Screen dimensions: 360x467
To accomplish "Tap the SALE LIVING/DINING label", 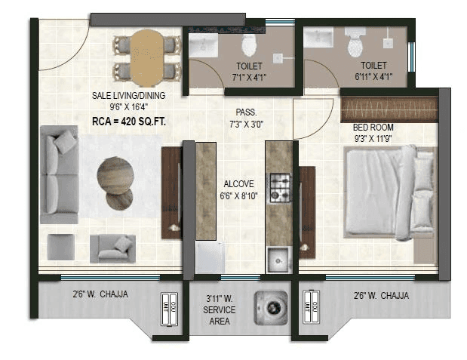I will (x=128, y=96).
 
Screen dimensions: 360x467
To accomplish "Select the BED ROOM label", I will (x=373, y=128).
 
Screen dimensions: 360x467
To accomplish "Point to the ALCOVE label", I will (x=238, y=183).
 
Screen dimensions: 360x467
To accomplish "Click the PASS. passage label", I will (x=246, y=111).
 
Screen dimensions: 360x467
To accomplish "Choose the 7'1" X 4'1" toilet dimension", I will (x=250, y=76).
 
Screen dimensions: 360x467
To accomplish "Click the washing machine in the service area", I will (x=269, y=308).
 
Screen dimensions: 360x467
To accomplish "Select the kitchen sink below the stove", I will (x=278, y=258).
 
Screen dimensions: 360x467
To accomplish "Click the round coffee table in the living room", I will (x=115, y=174).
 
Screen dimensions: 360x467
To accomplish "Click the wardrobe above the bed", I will (x=389, y=109).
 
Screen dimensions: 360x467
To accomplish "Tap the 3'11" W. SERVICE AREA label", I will (x=220, y=310).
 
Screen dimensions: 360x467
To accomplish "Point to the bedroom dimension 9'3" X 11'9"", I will (x=373, y=139).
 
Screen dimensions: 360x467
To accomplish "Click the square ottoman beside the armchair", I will (x=60, y=246).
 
